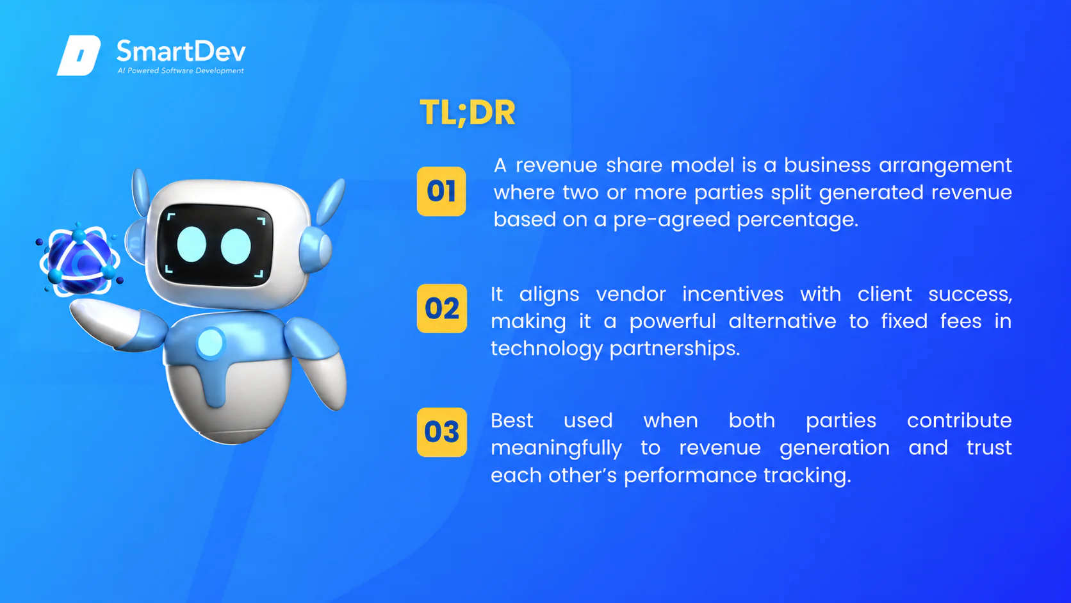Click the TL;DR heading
pos(467,113)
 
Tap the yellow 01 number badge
pos(441,191)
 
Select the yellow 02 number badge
pos(442,308)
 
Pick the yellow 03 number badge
pos(442,433)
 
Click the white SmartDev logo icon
pos(79,55)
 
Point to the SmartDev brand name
pos(181,51)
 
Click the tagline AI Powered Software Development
pos(180,70)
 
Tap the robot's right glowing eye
pos(236,247)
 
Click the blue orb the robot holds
pos(80,261)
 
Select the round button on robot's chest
pos(210,343)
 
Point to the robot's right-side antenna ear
pos(330,202)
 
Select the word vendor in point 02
pos(631,294)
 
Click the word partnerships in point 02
pos(674,349)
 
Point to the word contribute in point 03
pos(959,421)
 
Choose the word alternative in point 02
pos(782,321)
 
